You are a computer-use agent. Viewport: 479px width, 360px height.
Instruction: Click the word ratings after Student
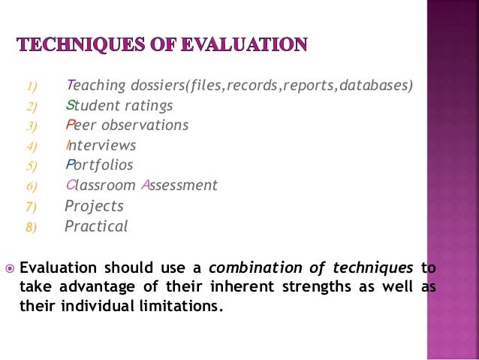pyautogui.click(x=149, y=105)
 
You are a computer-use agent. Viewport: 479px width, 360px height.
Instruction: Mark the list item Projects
pyautogui.click(x=95, y=206)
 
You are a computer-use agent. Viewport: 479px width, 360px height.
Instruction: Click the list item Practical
pyautogui.click(x=96, y=225)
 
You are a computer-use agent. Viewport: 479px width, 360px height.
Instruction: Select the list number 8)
pyautogui.click(x=32, y=226)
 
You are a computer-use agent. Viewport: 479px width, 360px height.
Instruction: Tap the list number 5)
pyautogui.click(x=32, y=165)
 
